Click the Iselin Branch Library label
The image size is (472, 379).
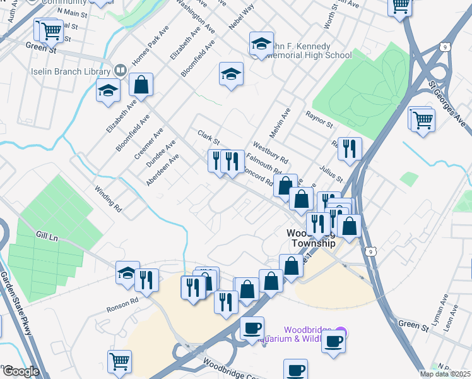pyautogui.click(x=70, y=71)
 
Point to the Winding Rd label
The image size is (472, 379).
pyautogui.click(x=107, y=196)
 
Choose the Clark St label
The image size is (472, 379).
pyautogui.click(x=208, y=136)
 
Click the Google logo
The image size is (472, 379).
pyautogui.click(x=20, y=371)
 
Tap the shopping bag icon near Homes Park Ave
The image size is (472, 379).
pyautogui.click(x=141, y=84)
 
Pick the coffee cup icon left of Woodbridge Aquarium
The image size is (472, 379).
pyautogui.click(x=252, y=328)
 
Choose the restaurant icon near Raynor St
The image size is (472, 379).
pyautogui.click(x=350, y=149)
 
